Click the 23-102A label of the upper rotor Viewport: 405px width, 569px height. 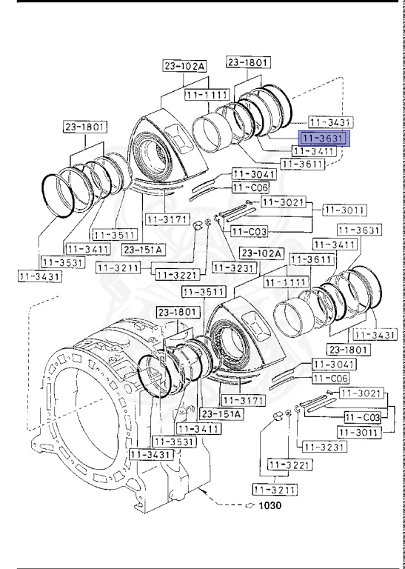[x=184, y=66]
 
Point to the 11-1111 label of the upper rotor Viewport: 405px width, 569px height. [x=205, y=96]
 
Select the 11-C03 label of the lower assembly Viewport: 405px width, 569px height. [x=362, y=418]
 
